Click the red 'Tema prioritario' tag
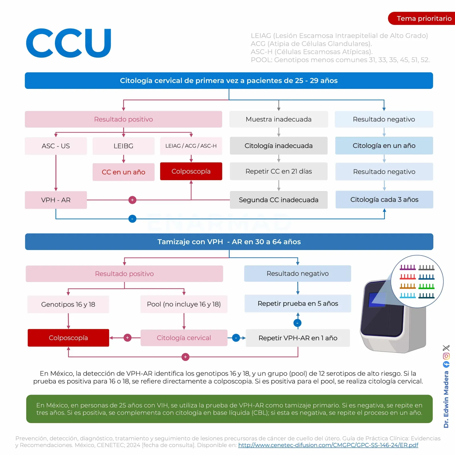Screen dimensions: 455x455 click(421, 18)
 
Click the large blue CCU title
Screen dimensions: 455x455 click(69, 43)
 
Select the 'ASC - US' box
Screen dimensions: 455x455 click(56, 146)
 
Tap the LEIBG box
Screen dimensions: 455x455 click(123, 146)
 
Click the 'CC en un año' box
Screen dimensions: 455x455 click(123, 172)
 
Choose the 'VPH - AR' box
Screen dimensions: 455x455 click(56, 200)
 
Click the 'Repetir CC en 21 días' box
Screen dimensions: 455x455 click(279, 171)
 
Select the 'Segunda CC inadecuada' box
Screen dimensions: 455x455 click(279, 200)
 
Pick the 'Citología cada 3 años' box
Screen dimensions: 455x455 click(384, 200)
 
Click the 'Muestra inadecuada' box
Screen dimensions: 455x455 click(279, 119)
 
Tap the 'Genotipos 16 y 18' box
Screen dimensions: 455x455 click(68, 304)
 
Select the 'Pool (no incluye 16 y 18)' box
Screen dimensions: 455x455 click(184, 304)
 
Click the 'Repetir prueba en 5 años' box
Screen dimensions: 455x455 click(298, 303)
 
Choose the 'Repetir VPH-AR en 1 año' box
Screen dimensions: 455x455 click(298, 338)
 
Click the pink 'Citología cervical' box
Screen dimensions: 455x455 click(184, 338)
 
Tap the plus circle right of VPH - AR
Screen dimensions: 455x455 click(132, 200)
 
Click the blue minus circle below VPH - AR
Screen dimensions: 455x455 click(132, 219)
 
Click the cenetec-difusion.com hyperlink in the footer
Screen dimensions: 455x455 click(328, 445)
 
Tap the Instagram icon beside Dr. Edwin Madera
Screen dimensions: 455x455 click(446, 356)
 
